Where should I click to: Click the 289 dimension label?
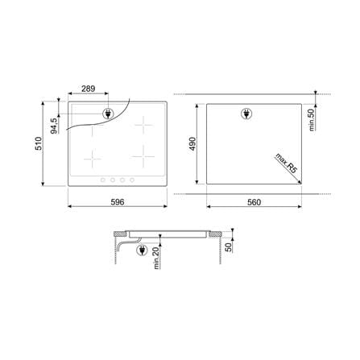[89, 89]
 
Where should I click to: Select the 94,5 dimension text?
[54, 126]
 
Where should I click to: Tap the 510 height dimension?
[39, 143]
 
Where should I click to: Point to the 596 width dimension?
[118, 202]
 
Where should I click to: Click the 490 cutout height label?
[192, 144]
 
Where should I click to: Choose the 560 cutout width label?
[254, 202]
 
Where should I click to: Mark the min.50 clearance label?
[312, 120]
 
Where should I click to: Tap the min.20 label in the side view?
[156, 259]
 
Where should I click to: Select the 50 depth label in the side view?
[229, 247]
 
